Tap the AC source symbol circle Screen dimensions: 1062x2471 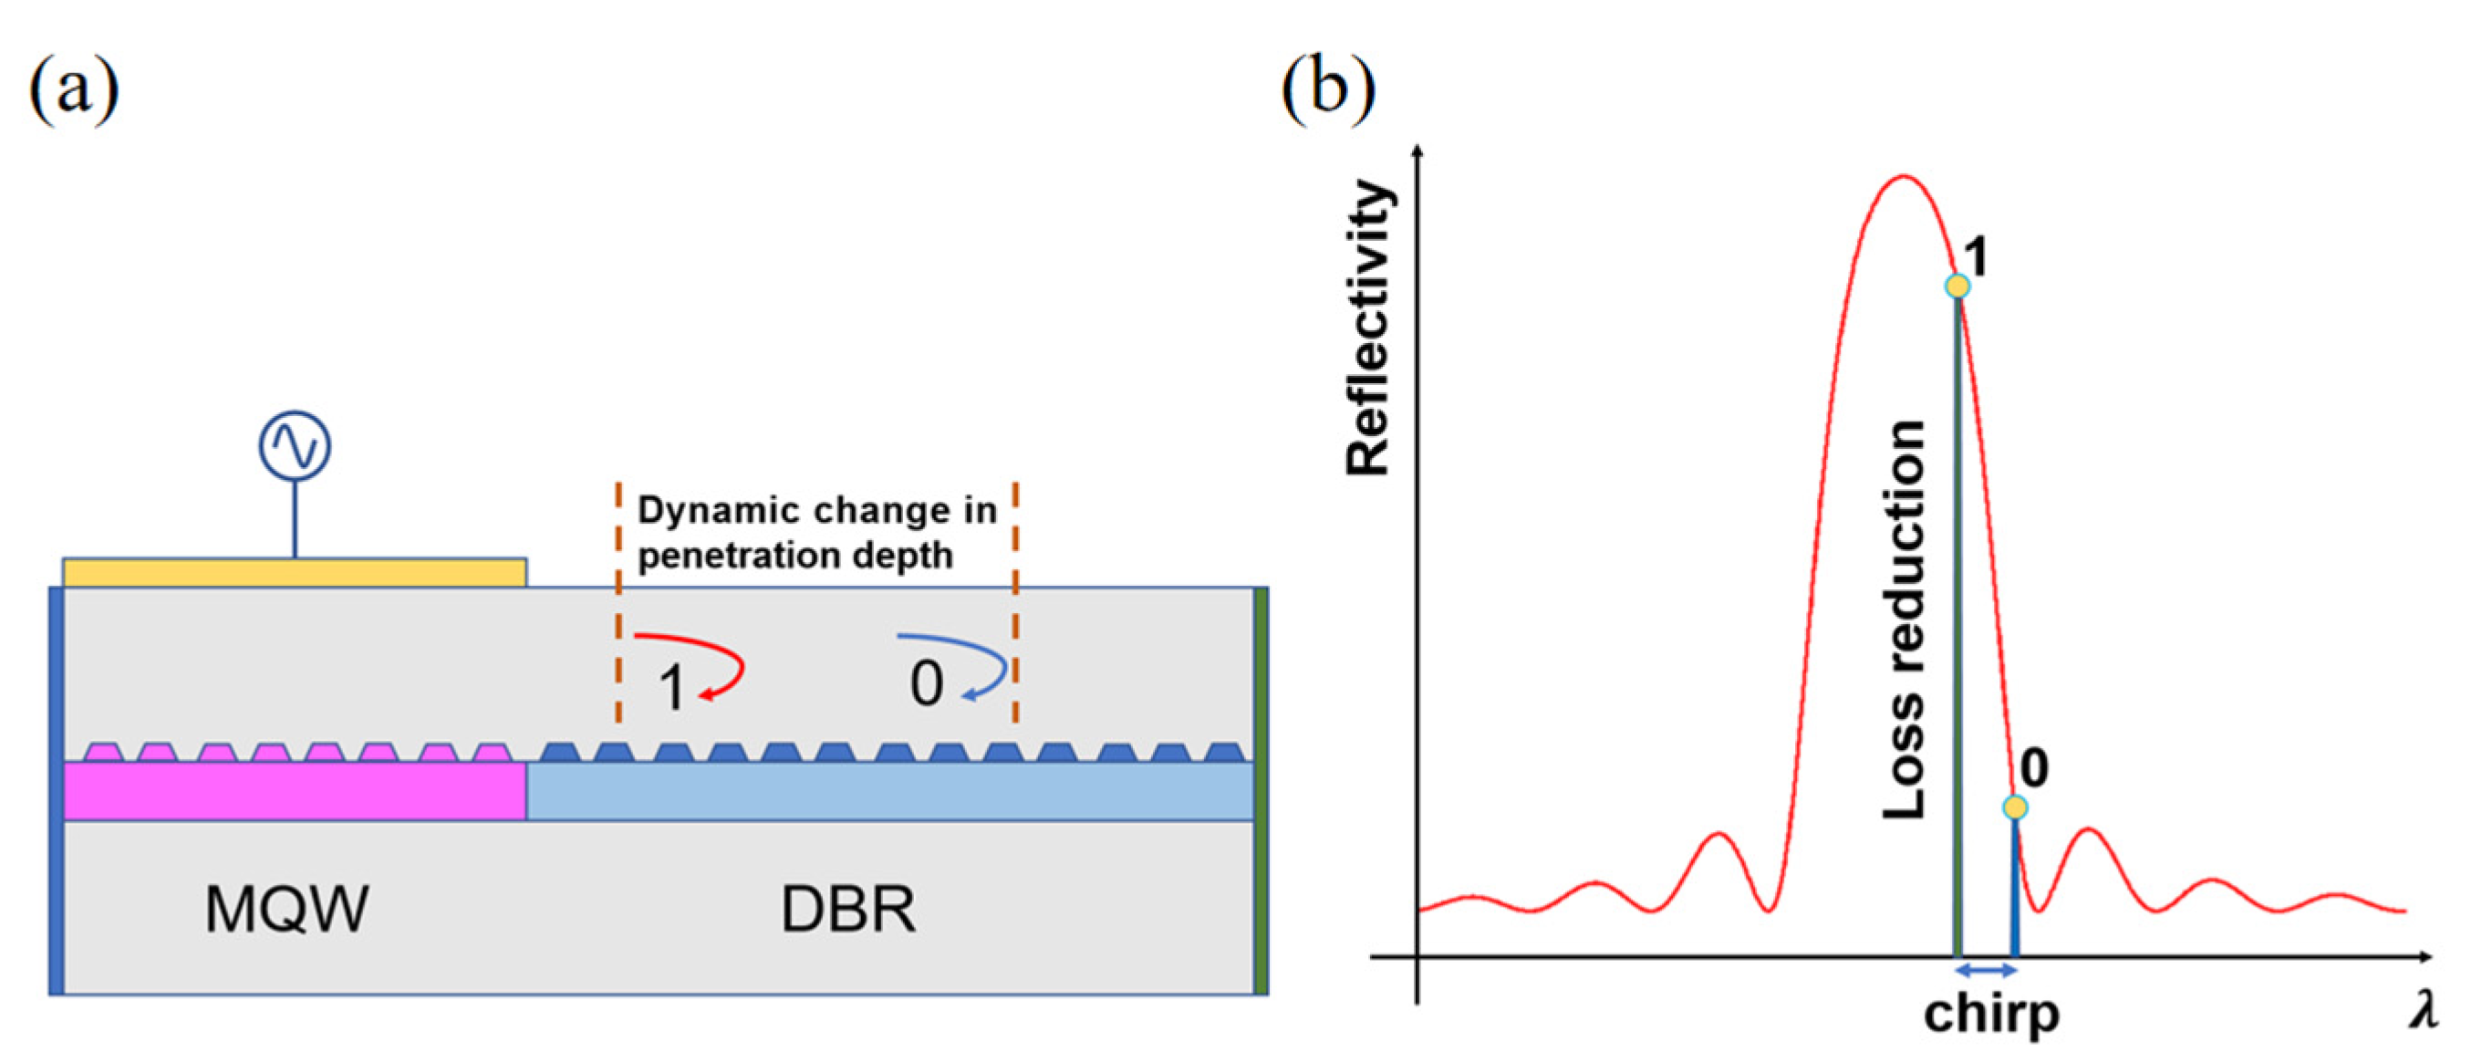(295, 446)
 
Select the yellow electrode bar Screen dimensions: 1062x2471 (295, 573)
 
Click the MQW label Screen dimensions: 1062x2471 (286, 910)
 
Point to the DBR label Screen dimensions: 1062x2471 (848, 910)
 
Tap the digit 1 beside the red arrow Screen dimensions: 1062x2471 (671, 689)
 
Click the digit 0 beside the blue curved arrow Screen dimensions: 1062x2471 (926, 684)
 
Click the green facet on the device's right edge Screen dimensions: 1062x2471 (1261, 790)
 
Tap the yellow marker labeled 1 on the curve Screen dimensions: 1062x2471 (1957, 286)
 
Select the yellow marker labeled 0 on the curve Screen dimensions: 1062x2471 (2015, 807)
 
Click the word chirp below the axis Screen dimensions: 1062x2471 (1990, 1015)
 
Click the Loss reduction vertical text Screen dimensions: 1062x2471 (1904, 619)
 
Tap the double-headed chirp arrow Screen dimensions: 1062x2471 (1986, 972)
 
